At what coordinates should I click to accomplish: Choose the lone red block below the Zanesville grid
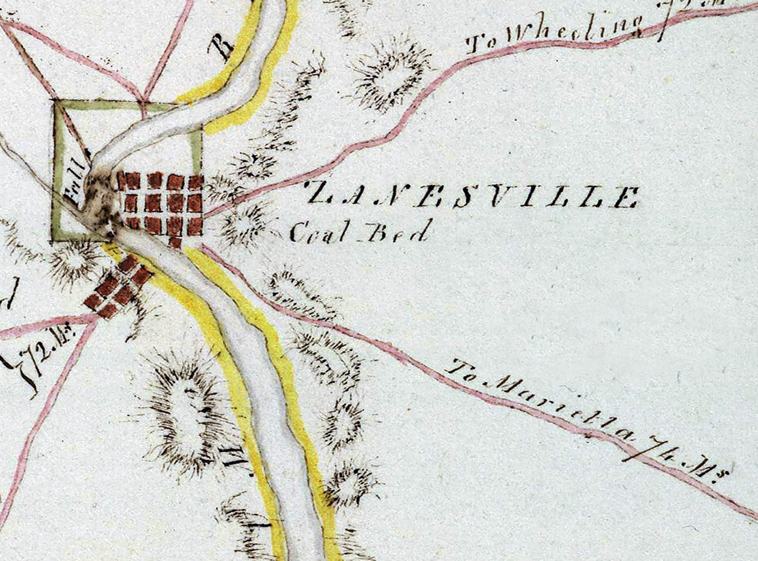click(x=175, y=242)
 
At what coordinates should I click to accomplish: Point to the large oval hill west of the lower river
click(x=184, y=412)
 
